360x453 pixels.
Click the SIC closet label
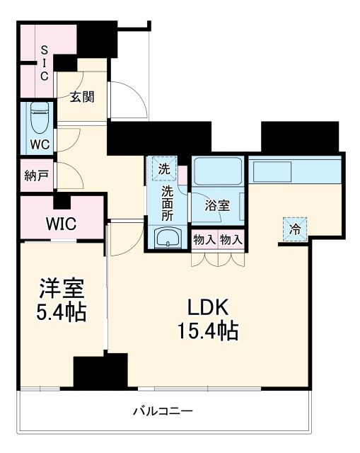43,63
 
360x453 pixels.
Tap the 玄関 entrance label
82,98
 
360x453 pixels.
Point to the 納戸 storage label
35,175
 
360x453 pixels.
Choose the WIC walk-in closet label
62,224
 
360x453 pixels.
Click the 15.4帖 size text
207,330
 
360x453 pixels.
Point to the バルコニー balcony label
163,411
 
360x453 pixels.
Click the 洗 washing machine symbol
163,168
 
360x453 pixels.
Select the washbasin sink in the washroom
167,236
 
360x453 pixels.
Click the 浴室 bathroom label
217,206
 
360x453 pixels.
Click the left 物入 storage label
204,240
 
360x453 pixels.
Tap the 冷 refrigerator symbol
296,229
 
